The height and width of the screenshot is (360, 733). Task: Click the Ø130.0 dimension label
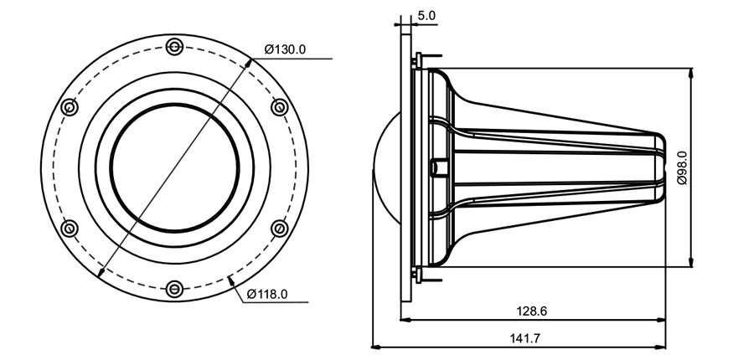[x=285, y=49]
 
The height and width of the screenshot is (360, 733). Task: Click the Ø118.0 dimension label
[x=266, y=294]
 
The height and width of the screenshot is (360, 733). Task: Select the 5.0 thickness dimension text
[x=426, y=15]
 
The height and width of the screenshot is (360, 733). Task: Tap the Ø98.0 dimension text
[x=682, y=167]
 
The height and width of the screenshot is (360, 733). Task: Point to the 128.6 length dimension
[x=531, y=311]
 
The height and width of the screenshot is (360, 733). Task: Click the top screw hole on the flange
[x=174, y=47]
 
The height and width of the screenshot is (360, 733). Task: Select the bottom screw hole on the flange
[x=174, y=289]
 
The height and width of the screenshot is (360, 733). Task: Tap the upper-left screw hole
[x=70, y=107]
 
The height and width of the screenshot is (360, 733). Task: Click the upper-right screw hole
[x=280, y=107]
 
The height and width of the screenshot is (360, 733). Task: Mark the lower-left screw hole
[x=70, y=229]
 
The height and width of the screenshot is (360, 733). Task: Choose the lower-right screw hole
[x=280, y=229]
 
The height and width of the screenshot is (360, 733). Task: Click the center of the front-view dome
[x=174, y=167]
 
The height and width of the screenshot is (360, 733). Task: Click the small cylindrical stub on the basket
[x=438, y=167]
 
